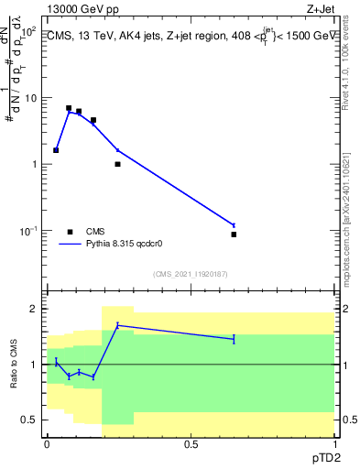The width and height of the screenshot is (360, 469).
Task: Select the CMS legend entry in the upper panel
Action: (x=95, y=232)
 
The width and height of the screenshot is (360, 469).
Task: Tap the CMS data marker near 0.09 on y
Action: (x=234, y=234)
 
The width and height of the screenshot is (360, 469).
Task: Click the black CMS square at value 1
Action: (x=117, y=164)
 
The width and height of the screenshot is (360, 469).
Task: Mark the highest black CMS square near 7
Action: (x=69, y=108)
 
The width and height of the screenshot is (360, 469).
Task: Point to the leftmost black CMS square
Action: (x=56, y=150)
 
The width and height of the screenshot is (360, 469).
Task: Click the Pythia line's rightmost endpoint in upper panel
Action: (x=234, y=225)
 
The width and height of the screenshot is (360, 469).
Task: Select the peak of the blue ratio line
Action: (x=117, y=325)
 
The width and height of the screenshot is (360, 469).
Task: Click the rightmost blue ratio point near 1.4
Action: (x=234, y=339)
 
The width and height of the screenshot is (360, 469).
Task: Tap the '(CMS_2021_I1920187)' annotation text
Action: (x=191, y=274)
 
